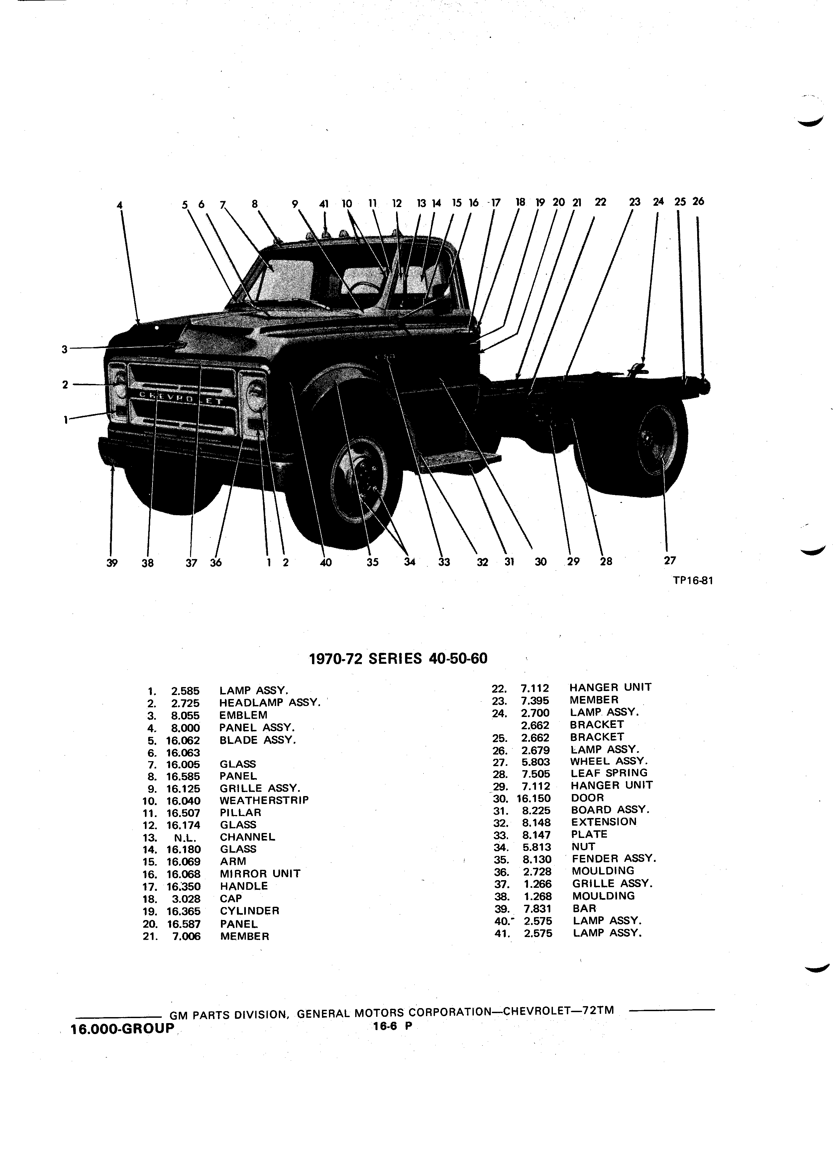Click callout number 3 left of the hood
(64, 349)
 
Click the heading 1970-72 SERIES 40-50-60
(397, 659)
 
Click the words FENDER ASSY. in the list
(614, 859)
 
